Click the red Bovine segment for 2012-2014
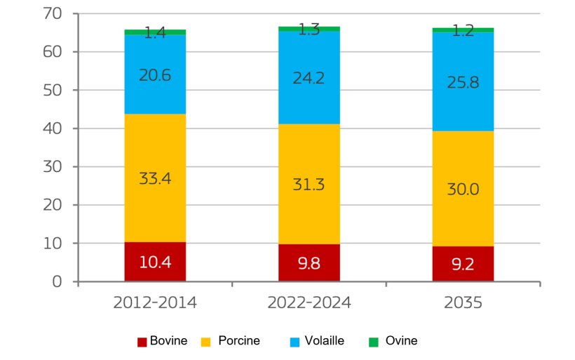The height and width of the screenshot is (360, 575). [x=155, y=262]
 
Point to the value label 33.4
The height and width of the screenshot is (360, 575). [x=155, y=178]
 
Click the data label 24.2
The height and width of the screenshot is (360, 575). [x=309, y=77]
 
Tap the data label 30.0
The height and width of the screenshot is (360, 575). [x=463, y=190]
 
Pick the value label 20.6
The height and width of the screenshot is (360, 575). [x=155, y=75]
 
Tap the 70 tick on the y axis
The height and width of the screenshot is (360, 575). [x=53, y=14]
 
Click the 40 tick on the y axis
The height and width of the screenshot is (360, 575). [x=53, y=128]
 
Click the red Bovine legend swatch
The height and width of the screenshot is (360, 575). [x=142, y=342]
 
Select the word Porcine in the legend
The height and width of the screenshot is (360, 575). [x=239, y=341]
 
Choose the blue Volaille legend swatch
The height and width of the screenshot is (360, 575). [x=295, y=342]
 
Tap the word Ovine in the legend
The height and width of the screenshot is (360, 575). [x=401, y=341]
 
